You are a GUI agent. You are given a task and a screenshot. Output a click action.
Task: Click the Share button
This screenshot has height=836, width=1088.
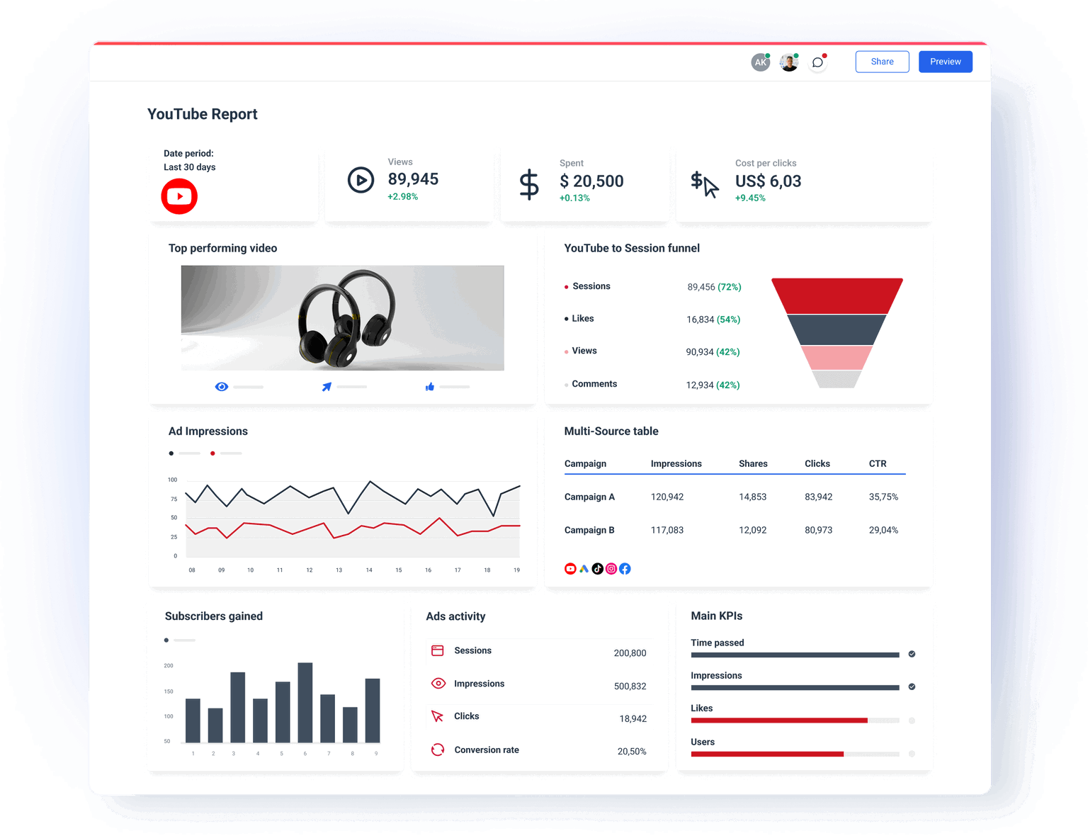click(882, 62)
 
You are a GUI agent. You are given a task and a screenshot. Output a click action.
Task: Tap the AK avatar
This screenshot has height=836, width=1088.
click(760, 62)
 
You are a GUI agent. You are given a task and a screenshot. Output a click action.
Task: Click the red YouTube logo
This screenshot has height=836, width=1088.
click(179, 196)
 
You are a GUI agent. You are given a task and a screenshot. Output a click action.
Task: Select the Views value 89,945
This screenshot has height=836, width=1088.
click(413, 179)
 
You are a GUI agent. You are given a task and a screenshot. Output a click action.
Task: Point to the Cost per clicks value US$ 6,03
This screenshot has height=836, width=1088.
click(768, 181)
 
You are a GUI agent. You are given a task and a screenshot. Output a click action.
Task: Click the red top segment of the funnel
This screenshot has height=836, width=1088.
click(837, 295)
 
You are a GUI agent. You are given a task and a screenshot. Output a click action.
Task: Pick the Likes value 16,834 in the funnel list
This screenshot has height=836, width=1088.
click(700, 320)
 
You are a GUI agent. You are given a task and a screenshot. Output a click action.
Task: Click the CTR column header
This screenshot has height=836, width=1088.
click(878, 463)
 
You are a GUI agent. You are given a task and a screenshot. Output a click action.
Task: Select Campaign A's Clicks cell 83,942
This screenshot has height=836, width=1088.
click(818, 497)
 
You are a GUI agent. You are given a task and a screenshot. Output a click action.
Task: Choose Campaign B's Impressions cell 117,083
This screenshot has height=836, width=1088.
click(667, 530)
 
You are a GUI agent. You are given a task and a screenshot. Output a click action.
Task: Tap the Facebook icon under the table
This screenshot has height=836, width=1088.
click(625, 569)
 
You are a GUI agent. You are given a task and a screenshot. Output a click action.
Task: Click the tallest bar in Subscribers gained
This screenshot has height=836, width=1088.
click(305, 702)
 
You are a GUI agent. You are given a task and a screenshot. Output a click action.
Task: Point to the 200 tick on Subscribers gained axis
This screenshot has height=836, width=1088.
click(169, 666)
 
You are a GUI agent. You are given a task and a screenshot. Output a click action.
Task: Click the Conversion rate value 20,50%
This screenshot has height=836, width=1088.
click(632, 751)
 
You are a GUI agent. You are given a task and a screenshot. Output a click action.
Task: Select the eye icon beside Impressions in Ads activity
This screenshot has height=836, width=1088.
click(438, 684)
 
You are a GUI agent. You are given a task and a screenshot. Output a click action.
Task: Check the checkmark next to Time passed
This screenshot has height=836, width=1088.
click(912, 654)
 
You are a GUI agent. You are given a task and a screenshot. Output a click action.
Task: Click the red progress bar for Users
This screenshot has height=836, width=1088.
click(767, 754)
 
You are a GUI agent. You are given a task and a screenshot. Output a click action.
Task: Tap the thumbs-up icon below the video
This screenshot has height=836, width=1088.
click(430, 387)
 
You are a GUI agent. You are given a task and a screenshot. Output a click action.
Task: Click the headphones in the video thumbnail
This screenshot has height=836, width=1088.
click(346, 319)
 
